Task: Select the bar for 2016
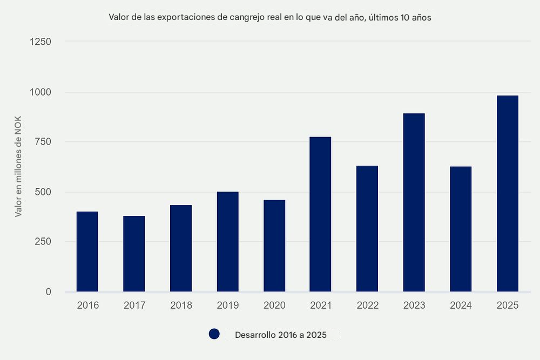click(x=87, y=252)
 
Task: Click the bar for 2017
click(x=134, y=254)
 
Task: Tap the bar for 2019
click(x=227, y=242)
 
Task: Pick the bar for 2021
click(x=320, y=214)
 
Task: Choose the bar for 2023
click(x=414, y=202)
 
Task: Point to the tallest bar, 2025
click(x=508, y=194)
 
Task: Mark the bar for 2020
click(x=274, y=246)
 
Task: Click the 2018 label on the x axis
click(x=181, y=305)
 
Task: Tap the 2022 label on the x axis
click(x=367, y=305)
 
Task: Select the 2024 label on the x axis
click(x=461, y=305)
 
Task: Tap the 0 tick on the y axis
click(x=48, y=292)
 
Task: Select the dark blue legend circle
click(x=214, y=335)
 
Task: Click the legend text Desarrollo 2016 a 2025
click(x=281, y=335)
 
